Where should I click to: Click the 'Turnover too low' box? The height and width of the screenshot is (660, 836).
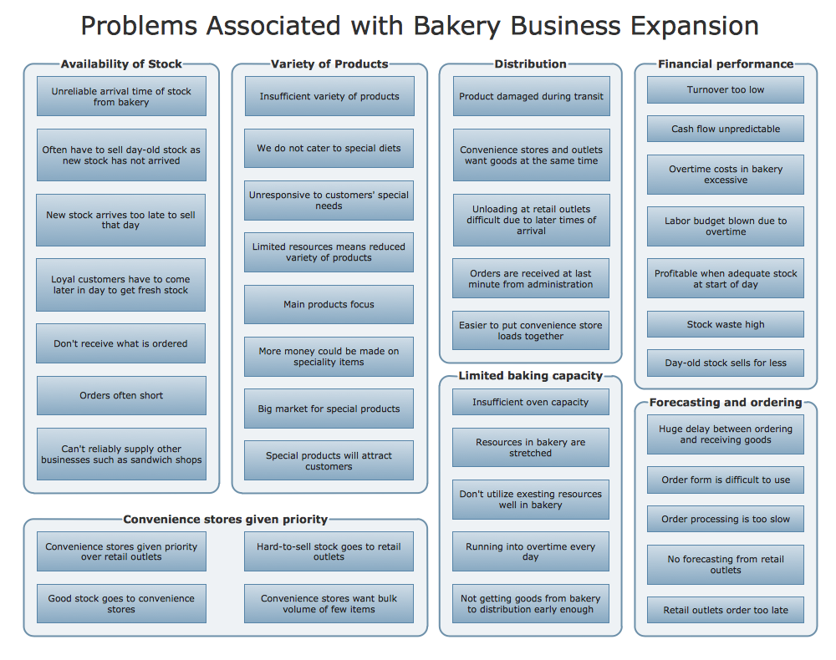725,90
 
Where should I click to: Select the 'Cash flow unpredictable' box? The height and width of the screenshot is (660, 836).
725,129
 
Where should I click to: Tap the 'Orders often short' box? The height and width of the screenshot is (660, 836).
121,395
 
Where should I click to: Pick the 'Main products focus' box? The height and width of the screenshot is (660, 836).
329,305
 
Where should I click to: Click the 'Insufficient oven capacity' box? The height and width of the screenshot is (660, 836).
530,402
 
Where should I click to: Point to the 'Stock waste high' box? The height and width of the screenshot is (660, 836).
725,324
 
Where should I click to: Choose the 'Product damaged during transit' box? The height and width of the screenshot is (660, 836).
531,96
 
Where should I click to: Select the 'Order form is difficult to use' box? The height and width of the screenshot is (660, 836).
725,480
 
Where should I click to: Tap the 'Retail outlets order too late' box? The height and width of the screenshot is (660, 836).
725,610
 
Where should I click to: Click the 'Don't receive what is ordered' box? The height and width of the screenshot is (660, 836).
121,343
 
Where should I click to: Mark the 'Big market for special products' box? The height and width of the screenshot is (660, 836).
329,409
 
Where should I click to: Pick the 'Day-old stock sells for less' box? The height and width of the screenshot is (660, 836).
725,363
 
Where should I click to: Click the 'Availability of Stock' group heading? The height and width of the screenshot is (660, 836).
121,63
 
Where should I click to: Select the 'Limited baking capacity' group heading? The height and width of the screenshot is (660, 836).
530,376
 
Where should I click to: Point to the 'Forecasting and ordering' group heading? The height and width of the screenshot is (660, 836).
725,402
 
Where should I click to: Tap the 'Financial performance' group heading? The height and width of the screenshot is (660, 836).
725,63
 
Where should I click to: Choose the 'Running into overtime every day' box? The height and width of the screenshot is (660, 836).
530,551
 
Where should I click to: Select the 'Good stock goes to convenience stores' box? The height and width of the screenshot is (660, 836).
121,604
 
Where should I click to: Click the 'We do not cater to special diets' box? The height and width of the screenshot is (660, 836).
329,148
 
